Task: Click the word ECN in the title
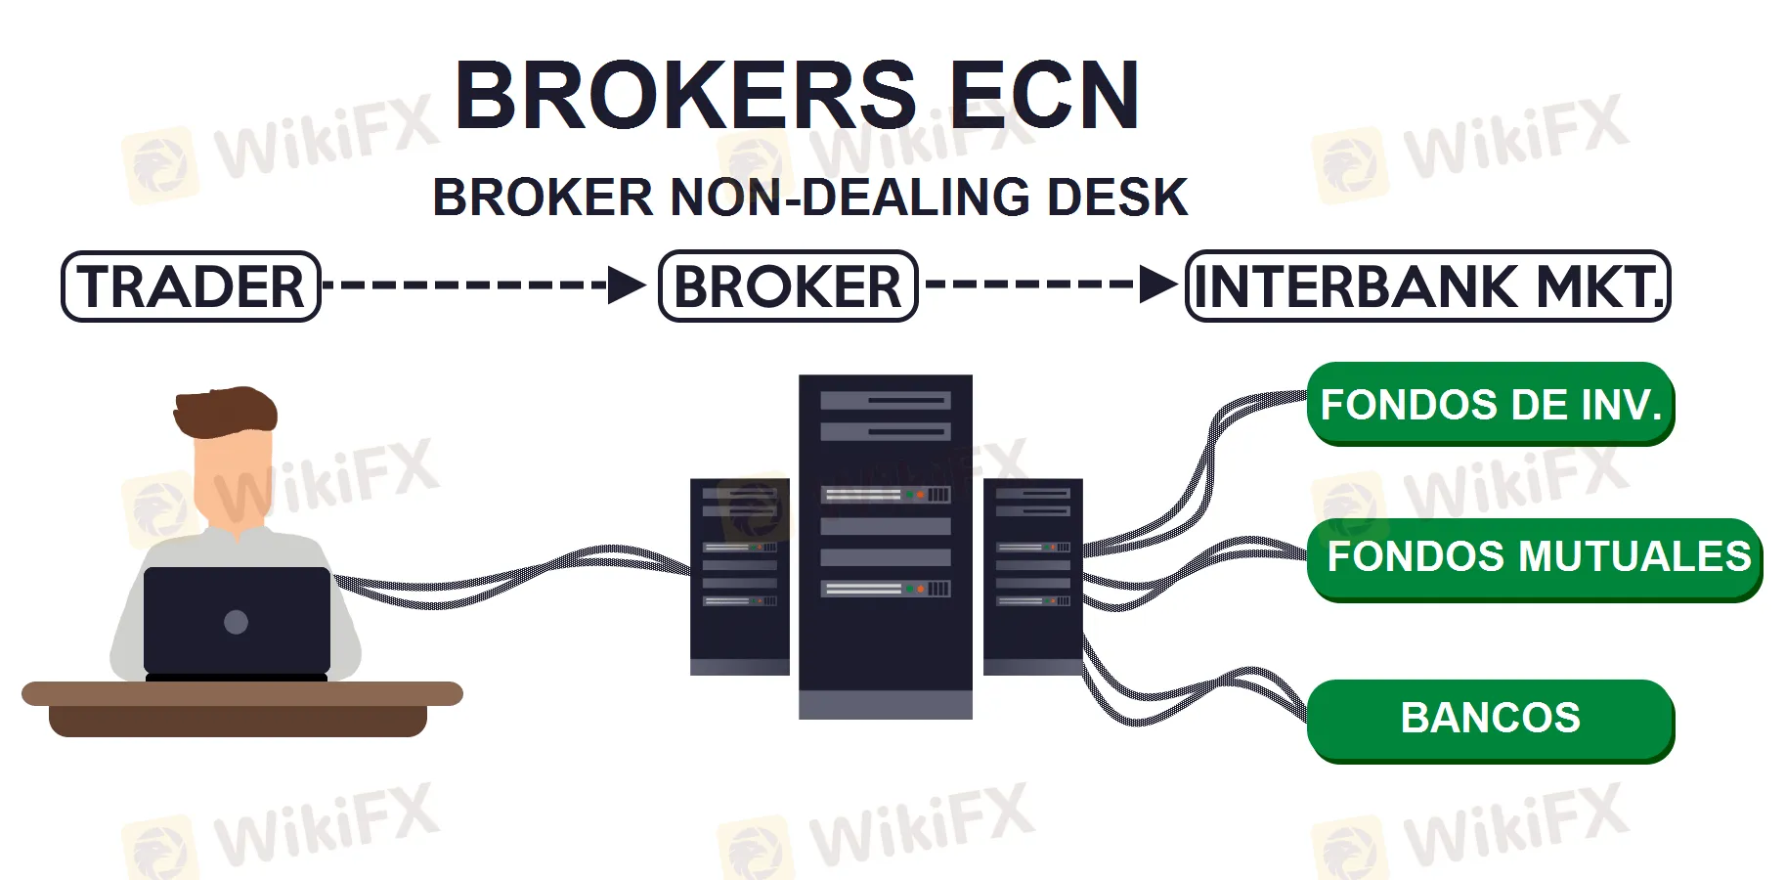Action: [x=1043, y=96]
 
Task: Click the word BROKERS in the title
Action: [x=685, y=96]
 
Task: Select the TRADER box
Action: [x=191, y=286]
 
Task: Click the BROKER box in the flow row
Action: [x=788, y=286]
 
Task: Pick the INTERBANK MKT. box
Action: [x=1427, y=286]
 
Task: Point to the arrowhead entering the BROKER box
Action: [x=626, y=286]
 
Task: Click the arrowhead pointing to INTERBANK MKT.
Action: [x=1158, y=285]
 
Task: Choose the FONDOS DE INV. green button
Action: [x=1490, y=404]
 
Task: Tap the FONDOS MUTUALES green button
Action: [x=1535, y=557]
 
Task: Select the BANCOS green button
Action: [x=1490, y=719]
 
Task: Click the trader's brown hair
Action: [x=225, y=411]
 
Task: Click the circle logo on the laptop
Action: [x=236, y=622]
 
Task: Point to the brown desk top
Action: [x=241, y=694]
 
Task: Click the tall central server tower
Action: [x=885, y=548]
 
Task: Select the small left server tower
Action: [x=739, y=577]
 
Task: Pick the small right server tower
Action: [x=1032, y=577]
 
